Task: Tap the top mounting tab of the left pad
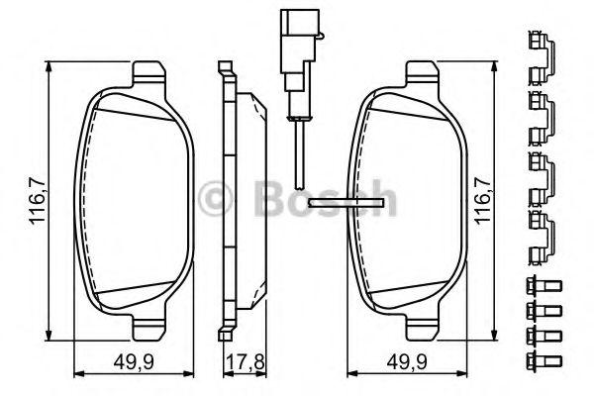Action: pos(148,73)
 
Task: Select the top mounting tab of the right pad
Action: pos(424,73)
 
